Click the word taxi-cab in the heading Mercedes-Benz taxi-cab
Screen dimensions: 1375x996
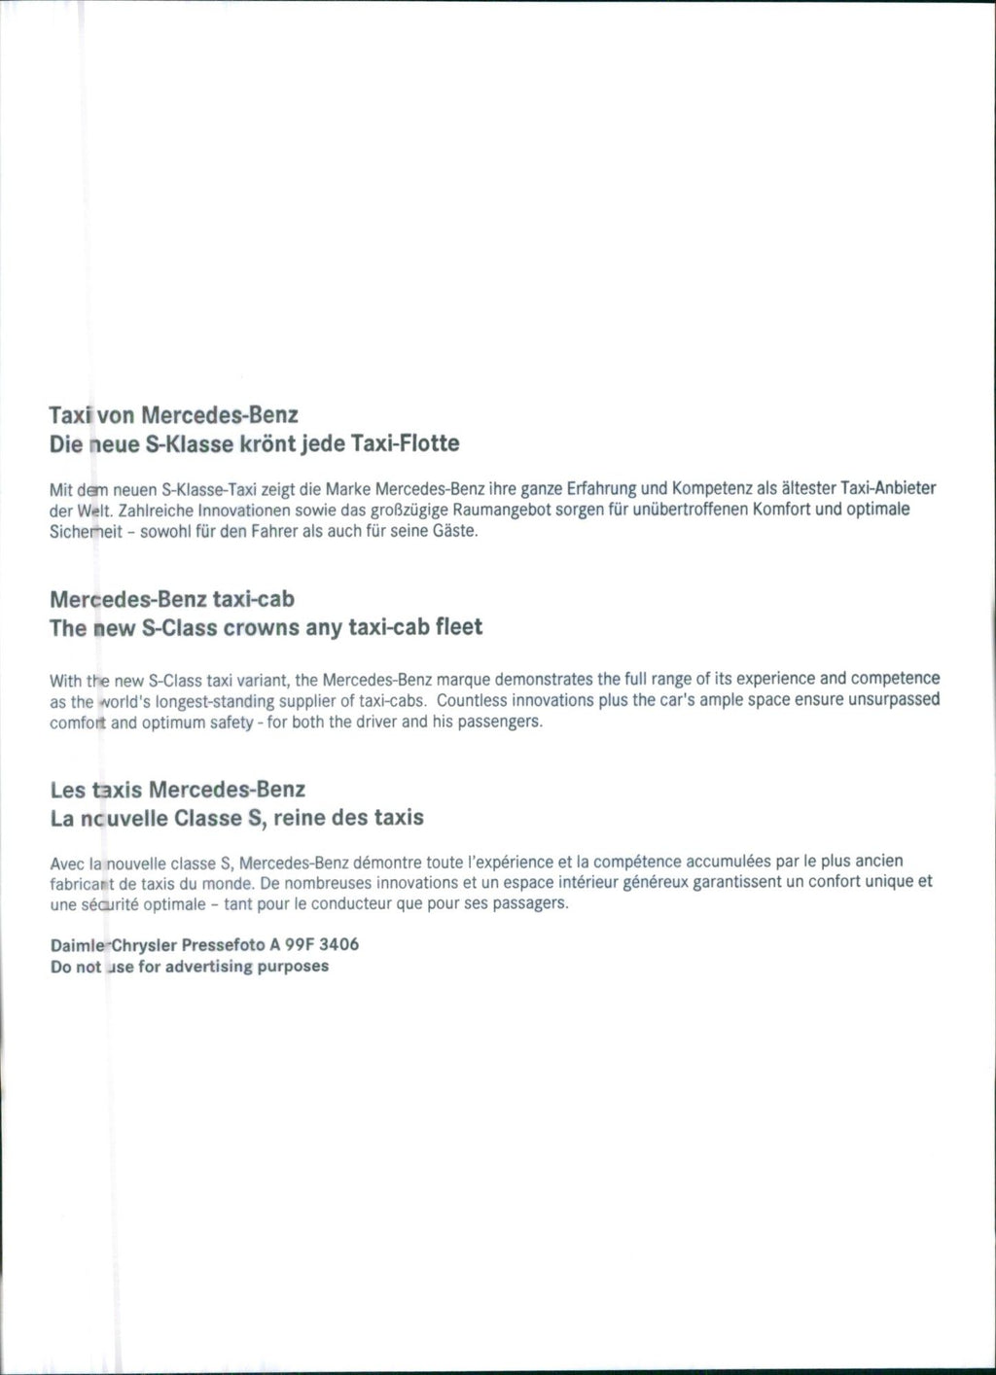pyautogui.click(x=253, y=599)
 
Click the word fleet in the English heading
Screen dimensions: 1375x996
pyautogui.click(x=459, y=628)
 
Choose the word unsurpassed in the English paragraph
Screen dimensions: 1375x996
pyautogui.click(x=894, y=700)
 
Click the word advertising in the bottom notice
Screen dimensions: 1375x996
pyautogui.click(x=209, y=967)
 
